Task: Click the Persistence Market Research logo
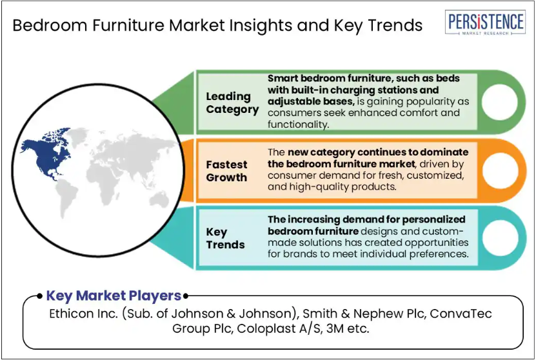(x=485, y=23)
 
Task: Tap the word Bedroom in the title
(x=50, y=26)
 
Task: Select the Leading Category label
(x=232, y=103)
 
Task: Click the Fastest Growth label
(x=226, y=171)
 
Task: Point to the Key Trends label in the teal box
(x=225, y=238)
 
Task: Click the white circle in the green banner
(x=499, y=102)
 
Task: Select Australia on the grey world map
(x=159, y=199)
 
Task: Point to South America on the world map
(x=66, y=198)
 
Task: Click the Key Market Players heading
(x=114, y=295)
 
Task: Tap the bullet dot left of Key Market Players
(x=40, y=296)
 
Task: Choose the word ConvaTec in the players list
(x=461, y=314)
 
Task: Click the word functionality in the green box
(x=298, y=125)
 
